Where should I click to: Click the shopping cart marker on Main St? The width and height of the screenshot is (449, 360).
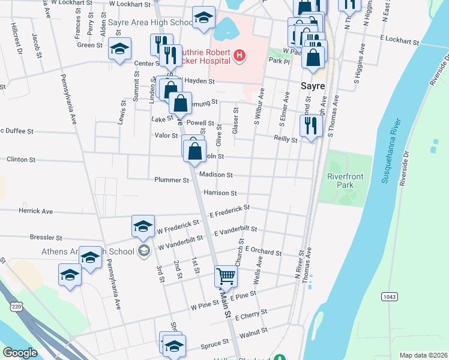point(226,276)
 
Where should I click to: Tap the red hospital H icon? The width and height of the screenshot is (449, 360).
point(240,56)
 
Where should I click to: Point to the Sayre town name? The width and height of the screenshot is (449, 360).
point(313,86)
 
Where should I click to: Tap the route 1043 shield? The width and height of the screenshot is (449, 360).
point(390,296)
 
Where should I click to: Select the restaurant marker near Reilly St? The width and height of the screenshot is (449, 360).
point(310,126)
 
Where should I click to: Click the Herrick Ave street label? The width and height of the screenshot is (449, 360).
point(36,211)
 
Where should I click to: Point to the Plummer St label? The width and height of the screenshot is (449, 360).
point(172,180)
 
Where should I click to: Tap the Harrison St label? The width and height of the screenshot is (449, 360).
point(220,193)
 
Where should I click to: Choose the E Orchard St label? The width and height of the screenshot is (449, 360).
point(263,253)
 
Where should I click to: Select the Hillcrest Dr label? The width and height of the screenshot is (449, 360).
point(16,40)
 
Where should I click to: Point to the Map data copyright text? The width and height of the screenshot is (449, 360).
point(423,355)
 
